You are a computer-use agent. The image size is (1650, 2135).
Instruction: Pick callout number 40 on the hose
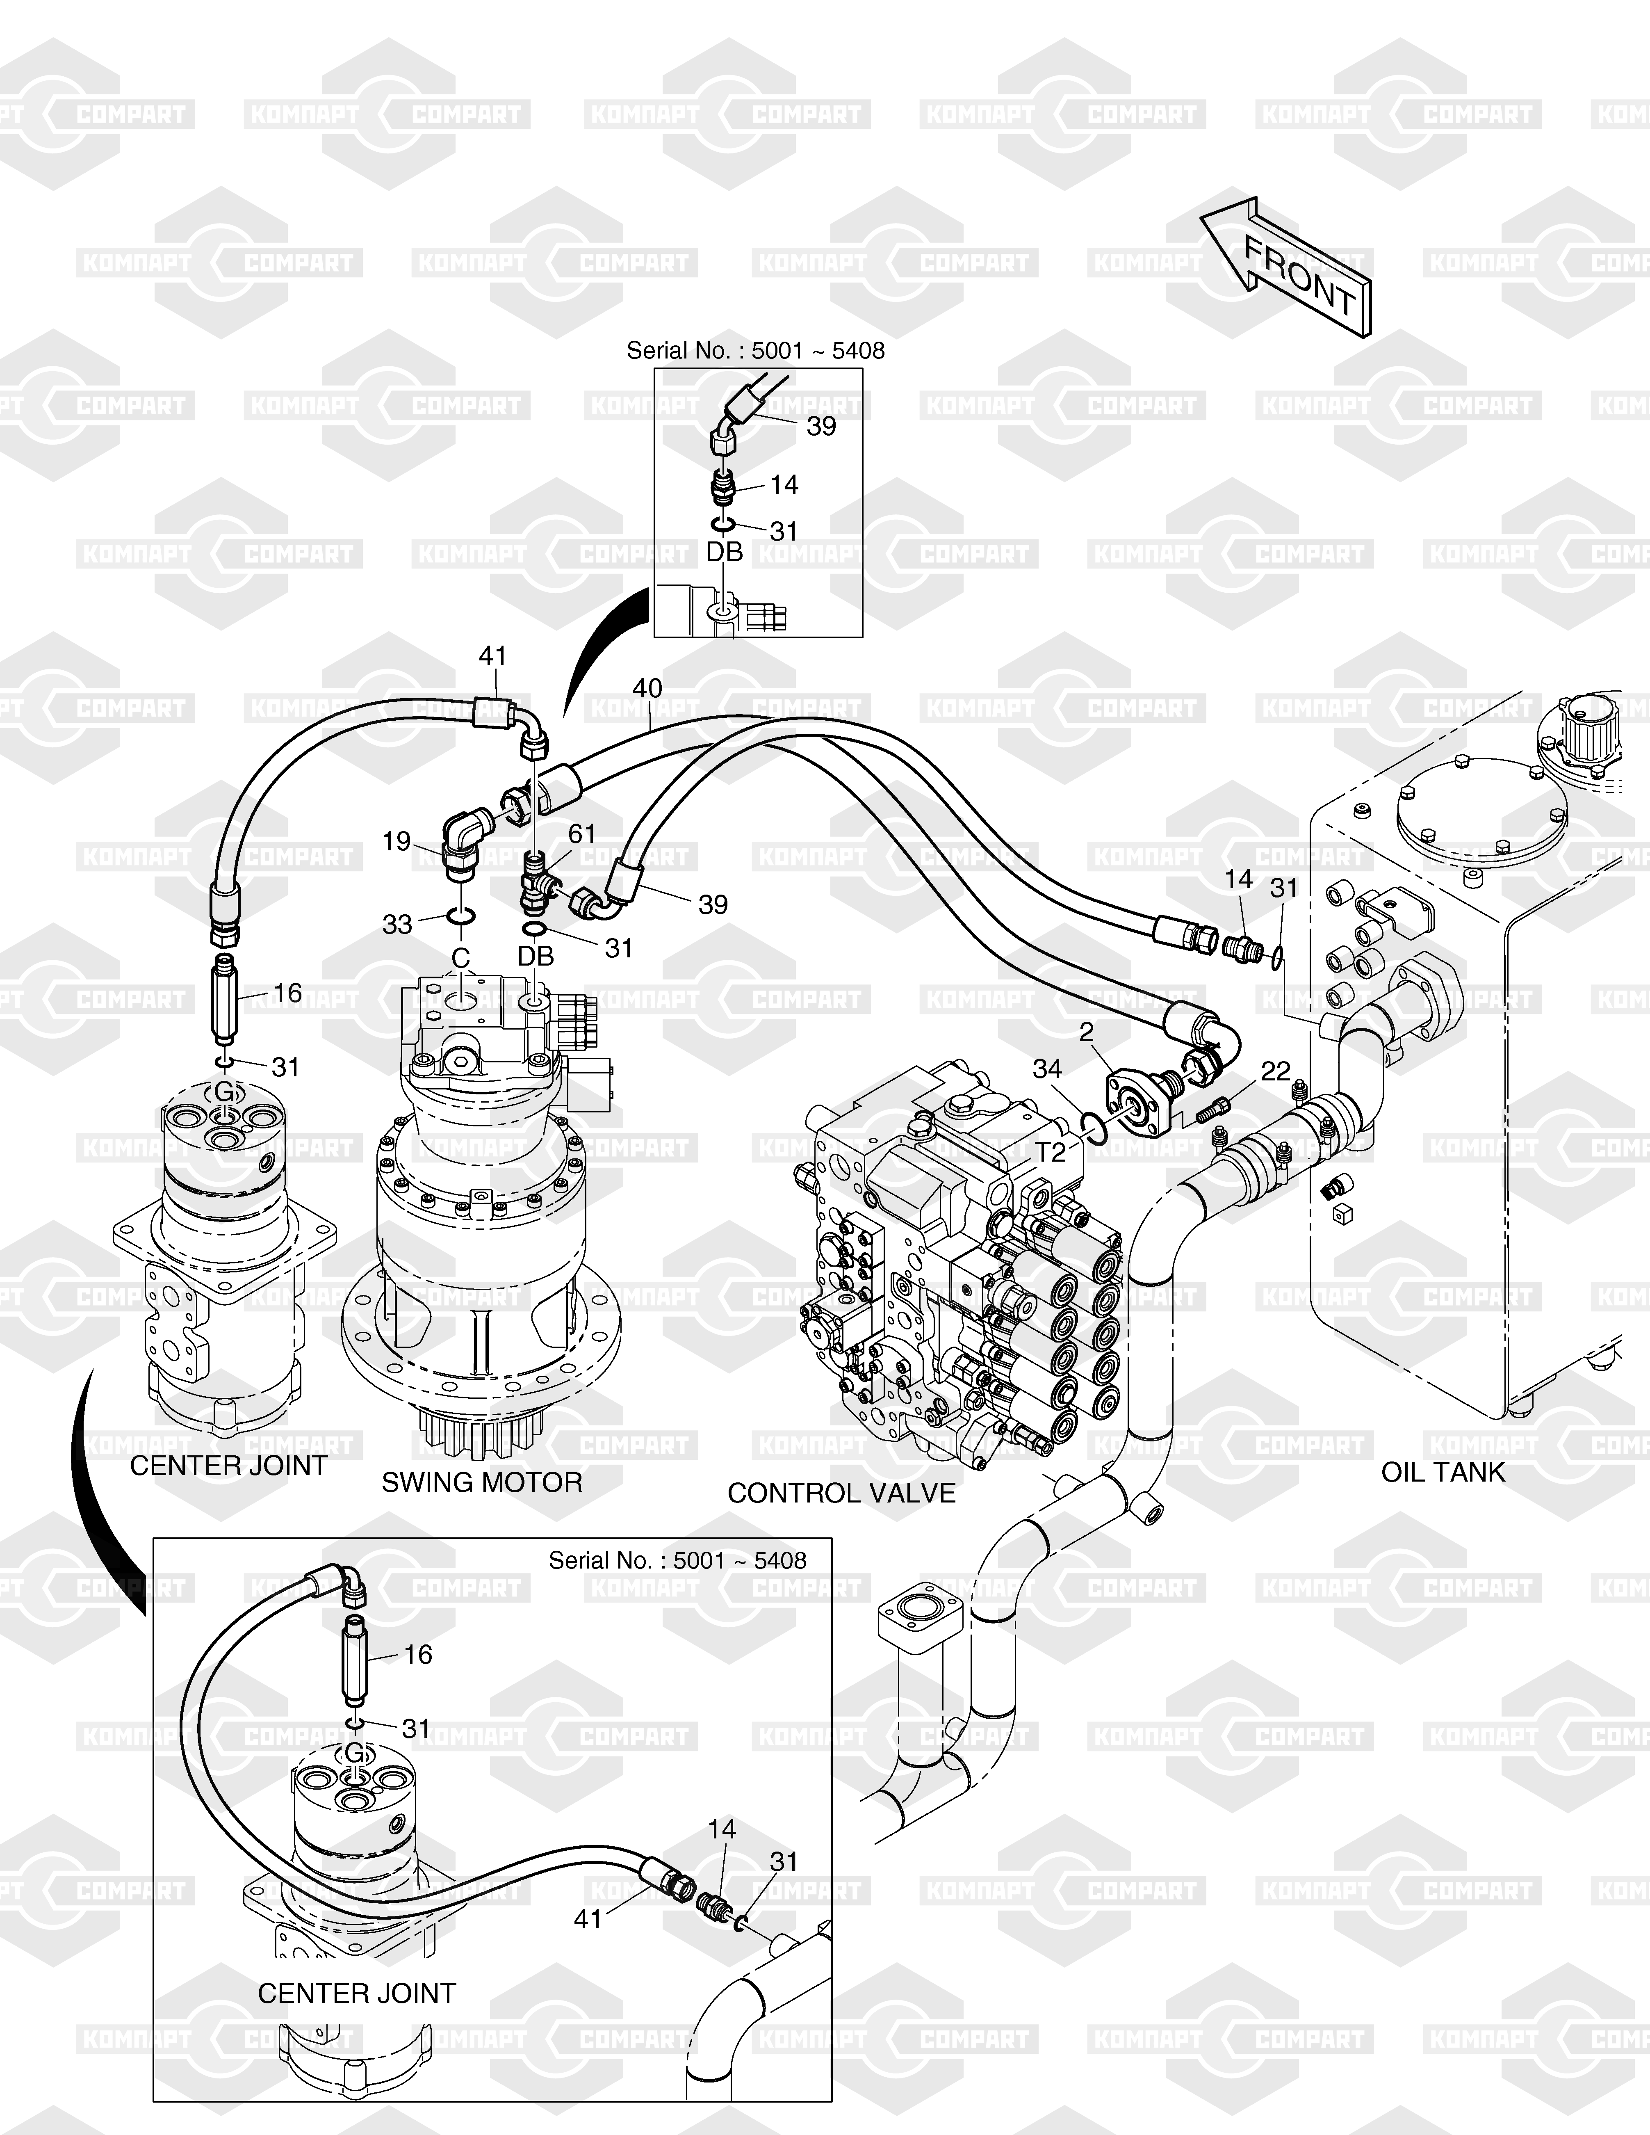tap(647, 688)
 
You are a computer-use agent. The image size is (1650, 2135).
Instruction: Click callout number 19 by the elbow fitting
tap(396, 841)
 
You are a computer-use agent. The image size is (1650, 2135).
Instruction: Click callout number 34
tap(1047, 1069)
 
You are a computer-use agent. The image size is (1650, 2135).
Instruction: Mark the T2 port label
tap(1051, 1153)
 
